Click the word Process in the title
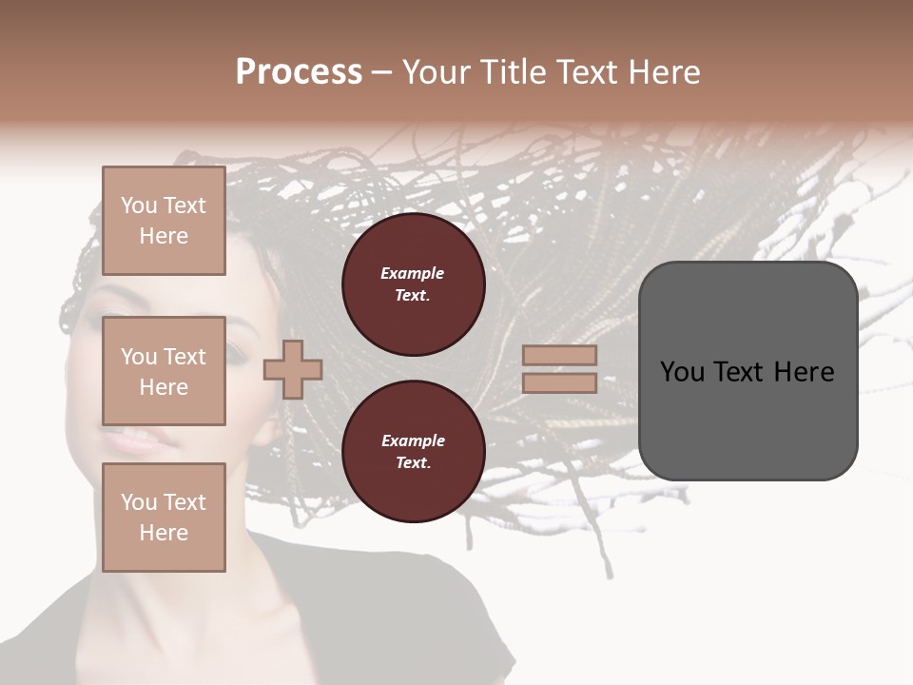[x=299, y=72]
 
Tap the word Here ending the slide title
[x=662, y=72]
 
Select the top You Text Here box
[x=164, y=221]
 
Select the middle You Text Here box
[x=164, y=371]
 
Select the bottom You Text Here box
[x=164, y=517]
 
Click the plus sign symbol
[x=293, y=368]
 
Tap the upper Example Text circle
[x=414, y=284]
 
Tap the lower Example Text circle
[x=414, y=451]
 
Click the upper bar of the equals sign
[x=559, y=356]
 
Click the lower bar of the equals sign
[x=559, y=382]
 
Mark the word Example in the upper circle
[x=413, y=273]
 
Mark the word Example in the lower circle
[x=413, y=440]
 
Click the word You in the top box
[x=139, y=205]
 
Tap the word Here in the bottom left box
[x=164, y=533]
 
